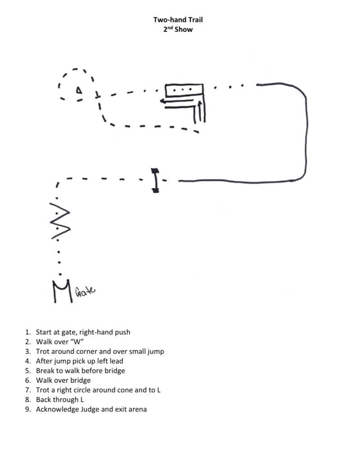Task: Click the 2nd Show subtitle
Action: tap(178, 30)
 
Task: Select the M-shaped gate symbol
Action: tap(60, 291)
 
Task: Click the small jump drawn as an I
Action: tap(155, 180)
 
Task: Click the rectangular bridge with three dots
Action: tap(184, 89)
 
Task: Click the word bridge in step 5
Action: tap(114, 371)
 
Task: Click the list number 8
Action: tap(28, 399)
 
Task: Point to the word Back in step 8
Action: tap(44, 399)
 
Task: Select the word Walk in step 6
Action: tap(44, 380)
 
